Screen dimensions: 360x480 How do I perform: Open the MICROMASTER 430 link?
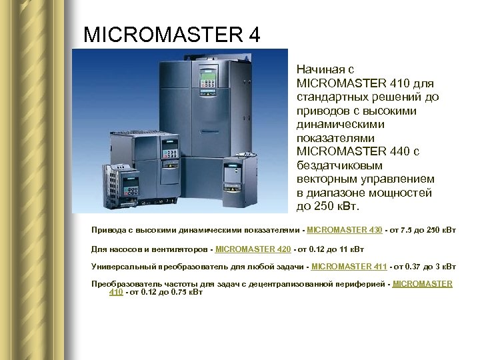coord(344,230)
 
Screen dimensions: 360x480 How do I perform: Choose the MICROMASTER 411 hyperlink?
coord(349,267)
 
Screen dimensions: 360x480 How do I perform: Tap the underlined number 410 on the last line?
coord(116,292)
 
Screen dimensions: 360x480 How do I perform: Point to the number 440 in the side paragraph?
coord(399,152)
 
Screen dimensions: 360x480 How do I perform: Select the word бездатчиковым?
coord(340,166)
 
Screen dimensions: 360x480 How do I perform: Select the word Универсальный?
coord(123,267)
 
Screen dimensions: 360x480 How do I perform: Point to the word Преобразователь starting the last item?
coord(126,284)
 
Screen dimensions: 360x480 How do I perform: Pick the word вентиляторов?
coord(180,249)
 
